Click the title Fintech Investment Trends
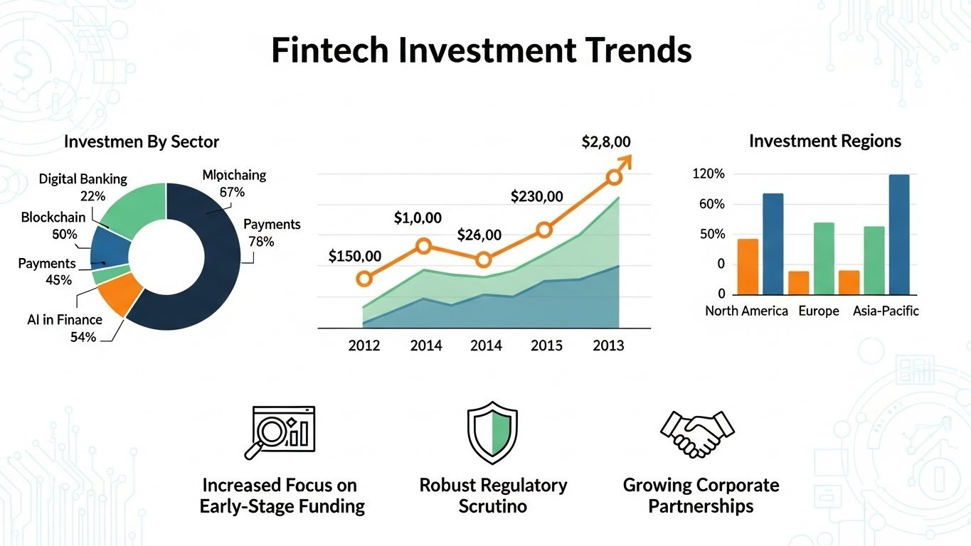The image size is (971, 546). [482, 51]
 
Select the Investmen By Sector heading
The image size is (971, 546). [142, 141]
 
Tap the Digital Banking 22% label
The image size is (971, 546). [83, 187]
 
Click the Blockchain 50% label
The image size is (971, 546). [53, 225]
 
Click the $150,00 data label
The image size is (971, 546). [355, 257]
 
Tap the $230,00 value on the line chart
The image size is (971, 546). [536, 197]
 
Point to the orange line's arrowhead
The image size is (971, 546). [624, 162]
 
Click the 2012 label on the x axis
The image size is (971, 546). [364, 346]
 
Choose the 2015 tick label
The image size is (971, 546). [546, 346]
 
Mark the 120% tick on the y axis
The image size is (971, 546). [709, 174]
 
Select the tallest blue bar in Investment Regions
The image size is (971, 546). [898, 234]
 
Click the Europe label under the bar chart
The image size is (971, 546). [818, 311]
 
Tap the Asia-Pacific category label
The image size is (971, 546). [886, 311]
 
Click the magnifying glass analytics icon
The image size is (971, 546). [283, 432]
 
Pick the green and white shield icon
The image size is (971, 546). [492, 432]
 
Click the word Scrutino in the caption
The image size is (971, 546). [492, 507]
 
